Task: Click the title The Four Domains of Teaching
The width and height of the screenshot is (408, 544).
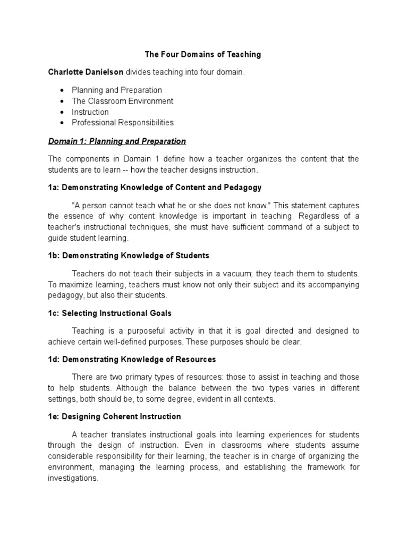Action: coord(203,54)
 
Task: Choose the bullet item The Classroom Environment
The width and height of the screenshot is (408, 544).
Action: coord(122,101)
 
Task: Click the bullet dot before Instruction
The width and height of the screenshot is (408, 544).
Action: coord(62,112)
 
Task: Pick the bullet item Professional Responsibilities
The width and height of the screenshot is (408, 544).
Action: coord(122,123)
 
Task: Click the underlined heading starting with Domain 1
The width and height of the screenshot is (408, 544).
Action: coord(117,141)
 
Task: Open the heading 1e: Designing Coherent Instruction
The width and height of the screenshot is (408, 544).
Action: coord(114,416)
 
